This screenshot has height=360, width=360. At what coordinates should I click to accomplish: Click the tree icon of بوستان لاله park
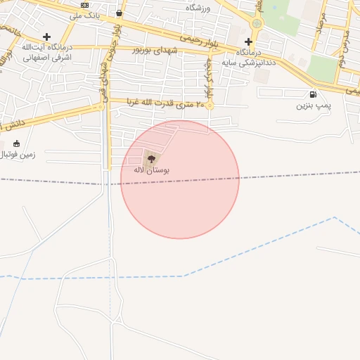pyautogui.click(x=150, y=158)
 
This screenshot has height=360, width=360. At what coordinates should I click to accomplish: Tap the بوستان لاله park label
pyautogui.click(x=151, y=170)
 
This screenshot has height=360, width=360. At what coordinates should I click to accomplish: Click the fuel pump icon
pyautogui.click(x=312, y=95)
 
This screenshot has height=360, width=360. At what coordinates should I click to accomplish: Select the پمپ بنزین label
pyautogui.click(x=312, y=106)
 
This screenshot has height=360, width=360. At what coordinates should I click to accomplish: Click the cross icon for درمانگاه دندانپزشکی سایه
pyautogui.click(x=248, y=41)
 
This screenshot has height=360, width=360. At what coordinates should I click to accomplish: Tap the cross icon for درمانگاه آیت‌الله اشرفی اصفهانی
pyautogui.click(x=46, y=37)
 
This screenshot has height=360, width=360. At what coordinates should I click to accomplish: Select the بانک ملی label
pyautogui.click(x=85, y=15)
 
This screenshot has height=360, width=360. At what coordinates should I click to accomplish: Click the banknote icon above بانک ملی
pyautogui.click(x=85, y=5)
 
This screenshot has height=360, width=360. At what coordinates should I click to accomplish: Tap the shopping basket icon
pyautogui.click(x=118, y=13)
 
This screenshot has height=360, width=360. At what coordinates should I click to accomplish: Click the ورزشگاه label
pyautogui.click(x=198, y=8)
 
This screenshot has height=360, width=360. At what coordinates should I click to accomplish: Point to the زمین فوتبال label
pyautogui.click(x=20, y=154)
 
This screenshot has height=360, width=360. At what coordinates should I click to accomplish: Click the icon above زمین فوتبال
pyautogui.click(x=17, y=143)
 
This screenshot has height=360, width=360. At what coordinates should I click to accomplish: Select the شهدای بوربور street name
pyautogui.click(x=166, y=50)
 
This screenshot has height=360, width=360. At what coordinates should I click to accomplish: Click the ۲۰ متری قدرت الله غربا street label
pyautogui.click(x=165, y=103)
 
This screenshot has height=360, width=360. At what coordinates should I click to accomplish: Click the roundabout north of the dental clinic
pyautogui.click(x=257, y=24)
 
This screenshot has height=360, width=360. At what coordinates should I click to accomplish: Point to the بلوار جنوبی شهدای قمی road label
pyautogui.click(x=108, y=70)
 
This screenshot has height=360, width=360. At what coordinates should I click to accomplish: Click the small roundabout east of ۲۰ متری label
pyautogui.click(x=209, y=105)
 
